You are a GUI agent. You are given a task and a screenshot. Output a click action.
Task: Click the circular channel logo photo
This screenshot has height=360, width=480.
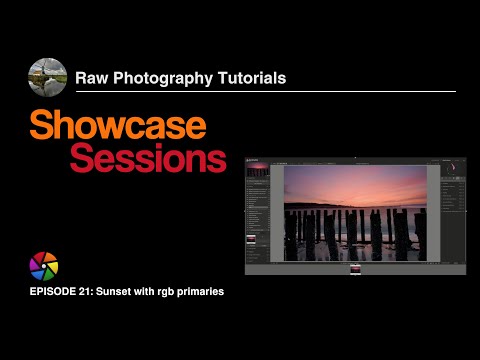47,76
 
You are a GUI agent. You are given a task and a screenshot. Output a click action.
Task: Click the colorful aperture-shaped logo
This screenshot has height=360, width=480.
44,266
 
